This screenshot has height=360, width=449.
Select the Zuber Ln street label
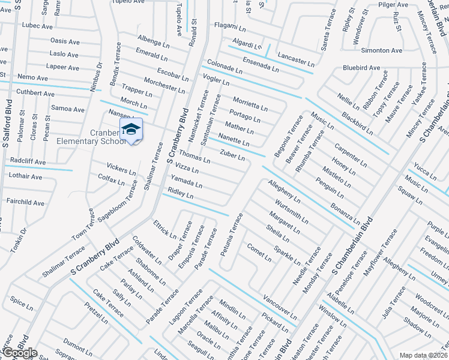(232, 155)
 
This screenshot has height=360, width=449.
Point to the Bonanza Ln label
(344, 214)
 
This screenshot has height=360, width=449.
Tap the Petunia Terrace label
(232, 235)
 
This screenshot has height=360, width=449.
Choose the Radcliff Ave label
(28, 161)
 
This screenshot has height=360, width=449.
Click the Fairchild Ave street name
(25, 203)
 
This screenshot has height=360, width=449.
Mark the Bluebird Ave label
(361, 68)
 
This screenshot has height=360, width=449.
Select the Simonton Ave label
(382, 50)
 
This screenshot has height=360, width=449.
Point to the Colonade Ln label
(224, 66)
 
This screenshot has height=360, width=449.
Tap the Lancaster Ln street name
(296, 59)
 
